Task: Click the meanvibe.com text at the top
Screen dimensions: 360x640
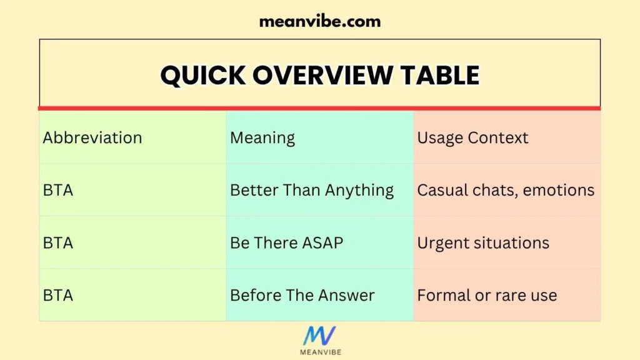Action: pyautogui.click(x=319, y=21)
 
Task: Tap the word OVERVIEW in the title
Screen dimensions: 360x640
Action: pyautogui.click(x=322, y=75)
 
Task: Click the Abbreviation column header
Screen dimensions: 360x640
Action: pyautogui.click(x=92, y=137)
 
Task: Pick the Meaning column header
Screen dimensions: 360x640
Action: pyautogui.click(x=262, y=137)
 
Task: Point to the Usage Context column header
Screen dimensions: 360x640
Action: pyautogui.click(x=472, y=137)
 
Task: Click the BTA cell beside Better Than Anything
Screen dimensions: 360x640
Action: pyautogui.click(x=58, y=190)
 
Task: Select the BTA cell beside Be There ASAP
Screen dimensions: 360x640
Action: pyautogui.click(x=58, y=242)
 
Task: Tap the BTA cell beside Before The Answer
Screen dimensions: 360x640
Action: pyautogui.click(x=58, y=295)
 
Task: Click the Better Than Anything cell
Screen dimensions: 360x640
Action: pyautogui.click(x=312, y=190)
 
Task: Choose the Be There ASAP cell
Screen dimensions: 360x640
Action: pyautogui.click(x=286, y=242)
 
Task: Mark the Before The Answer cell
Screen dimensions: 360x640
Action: pyautogui.click(x=302, y=295)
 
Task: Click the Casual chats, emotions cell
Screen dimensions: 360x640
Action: pyautogui.click(x=506, y=190)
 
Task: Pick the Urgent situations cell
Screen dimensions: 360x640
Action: pyautogui.click(x=483, y=242)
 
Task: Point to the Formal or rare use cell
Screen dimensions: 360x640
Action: pyautogui.click(x=487, y=295)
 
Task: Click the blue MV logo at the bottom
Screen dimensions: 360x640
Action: pyautogui.click(x=319, y=336)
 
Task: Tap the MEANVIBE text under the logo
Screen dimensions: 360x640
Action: pyautogui.click(x=319, y=352)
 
